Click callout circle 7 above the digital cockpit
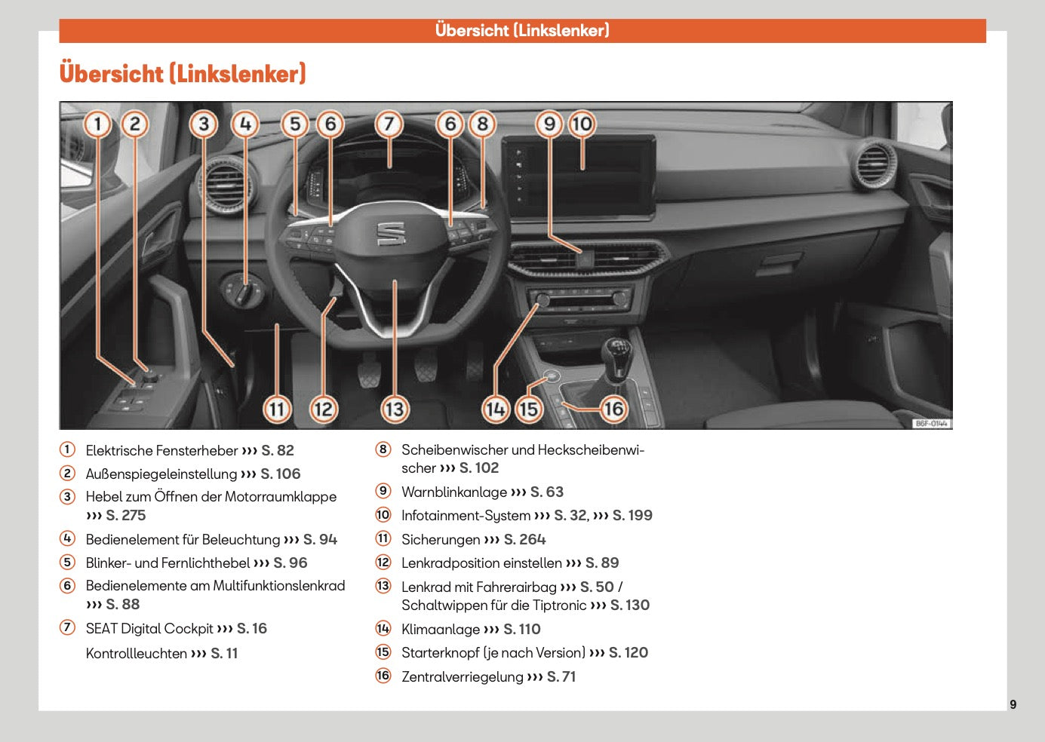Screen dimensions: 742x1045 389,124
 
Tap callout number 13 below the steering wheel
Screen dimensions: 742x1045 394,409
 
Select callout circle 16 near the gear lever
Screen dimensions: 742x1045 613,409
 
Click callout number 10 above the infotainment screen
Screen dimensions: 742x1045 582,124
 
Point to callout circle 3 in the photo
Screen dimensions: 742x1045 204,124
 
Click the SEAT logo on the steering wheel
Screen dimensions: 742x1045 391,234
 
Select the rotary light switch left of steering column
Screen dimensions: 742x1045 242,290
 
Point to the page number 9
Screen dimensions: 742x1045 1013,704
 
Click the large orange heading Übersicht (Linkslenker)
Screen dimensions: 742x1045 183,74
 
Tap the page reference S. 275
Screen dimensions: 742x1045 125,516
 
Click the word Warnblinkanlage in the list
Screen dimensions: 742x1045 454,492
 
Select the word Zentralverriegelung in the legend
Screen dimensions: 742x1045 462,677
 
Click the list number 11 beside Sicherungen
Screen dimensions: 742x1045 383,539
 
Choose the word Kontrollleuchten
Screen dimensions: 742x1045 136,654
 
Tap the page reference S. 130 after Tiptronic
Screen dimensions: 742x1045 629,606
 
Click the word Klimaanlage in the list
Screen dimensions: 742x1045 441,630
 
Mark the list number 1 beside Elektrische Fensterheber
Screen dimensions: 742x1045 68,450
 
